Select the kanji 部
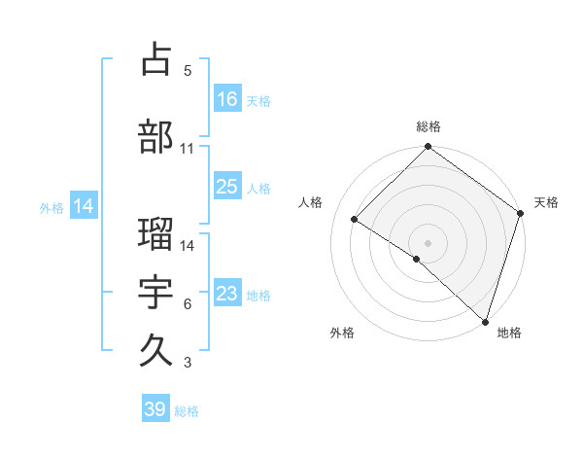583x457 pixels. coord(156,136)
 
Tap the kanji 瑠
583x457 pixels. coord(156,233)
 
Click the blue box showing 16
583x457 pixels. coord(227,99)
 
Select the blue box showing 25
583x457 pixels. coord(227,188)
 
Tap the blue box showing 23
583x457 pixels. coord(227,295)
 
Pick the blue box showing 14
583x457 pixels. coord(83,206)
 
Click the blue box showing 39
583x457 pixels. coord(155,410)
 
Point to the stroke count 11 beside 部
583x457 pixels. coord(188,149)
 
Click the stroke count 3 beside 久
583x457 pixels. coord(188,363)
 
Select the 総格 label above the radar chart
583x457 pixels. coord(428,126)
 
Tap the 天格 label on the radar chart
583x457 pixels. coord(546,202)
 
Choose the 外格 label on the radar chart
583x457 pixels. coord(341,333)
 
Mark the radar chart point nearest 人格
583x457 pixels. coord(355,220)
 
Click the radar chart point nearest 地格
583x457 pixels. coord(485,321)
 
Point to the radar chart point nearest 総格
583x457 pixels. coord(428,147)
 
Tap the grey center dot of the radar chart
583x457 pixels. coord(428,242)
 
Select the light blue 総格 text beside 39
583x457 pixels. coord(187,411)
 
